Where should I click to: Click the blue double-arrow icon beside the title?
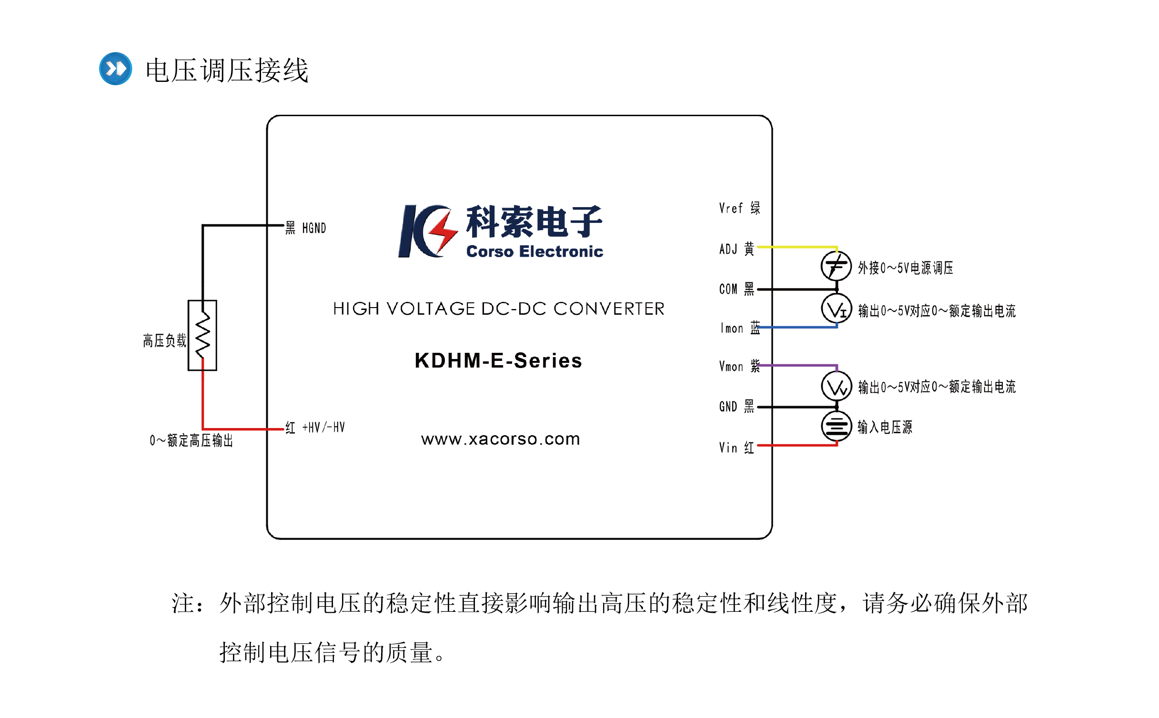pos(115,69)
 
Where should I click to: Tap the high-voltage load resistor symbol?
pos(202,335)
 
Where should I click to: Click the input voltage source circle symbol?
pos(836,426)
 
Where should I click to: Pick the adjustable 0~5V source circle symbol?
pos(836,266)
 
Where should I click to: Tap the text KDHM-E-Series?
pos(498,360)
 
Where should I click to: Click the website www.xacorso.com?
pos(500,439)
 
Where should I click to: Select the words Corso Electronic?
pos(534,251)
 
